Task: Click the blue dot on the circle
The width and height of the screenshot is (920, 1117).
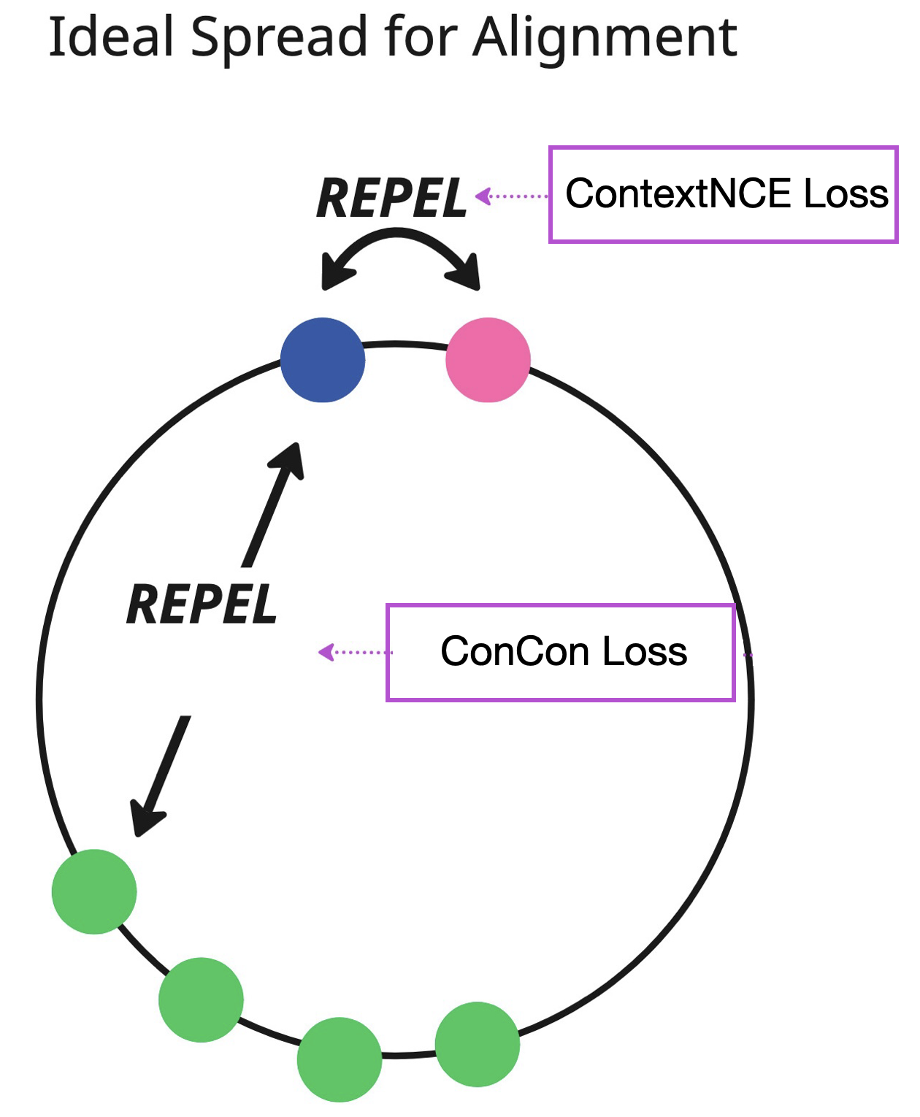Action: [x=323, y=360]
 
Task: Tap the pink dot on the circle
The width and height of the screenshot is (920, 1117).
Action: [x=488, y=360]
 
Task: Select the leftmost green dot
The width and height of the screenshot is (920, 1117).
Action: [x=94, y=891]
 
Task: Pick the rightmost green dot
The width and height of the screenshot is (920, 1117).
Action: [x=478, y=1044]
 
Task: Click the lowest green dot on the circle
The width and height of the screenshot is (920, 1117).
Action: [x=340, y=1059]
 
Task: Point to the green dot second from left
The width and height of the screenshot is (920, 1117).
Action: [x=201, y=999]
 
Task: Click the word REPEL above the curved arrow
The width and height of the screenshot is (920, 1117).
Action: [x=391, y=199]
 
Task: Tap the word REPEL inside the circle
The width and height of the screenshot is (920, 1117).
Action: [x=202, y=604]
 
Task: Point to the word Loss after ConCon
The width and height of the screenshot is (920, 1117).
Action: [x=645, y=651]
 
